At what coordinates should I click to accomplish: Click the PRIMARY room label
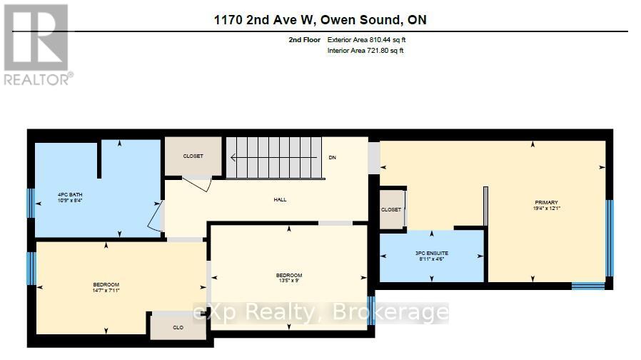[x=546, y=202]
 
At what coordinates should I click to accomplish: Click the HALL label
[x=280, y=199]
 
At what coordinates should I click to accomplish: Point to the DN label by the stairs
[x=332, y=157]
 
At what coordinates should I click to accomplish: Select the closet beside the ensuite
[x=390, y=210]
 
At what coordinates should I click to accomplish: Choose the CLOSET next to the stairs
[x=193, y=156]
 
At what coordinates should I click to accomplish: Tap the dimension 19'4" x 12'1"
[x=546, y=209]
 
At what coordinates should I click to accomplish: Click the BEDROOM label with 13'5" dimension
[x=289, y=275]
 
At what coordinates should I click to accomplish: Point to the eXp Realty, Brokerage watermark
[x=321, y=313]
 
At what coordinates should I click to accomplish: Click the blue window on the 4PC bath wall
[x=30, y=202]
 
